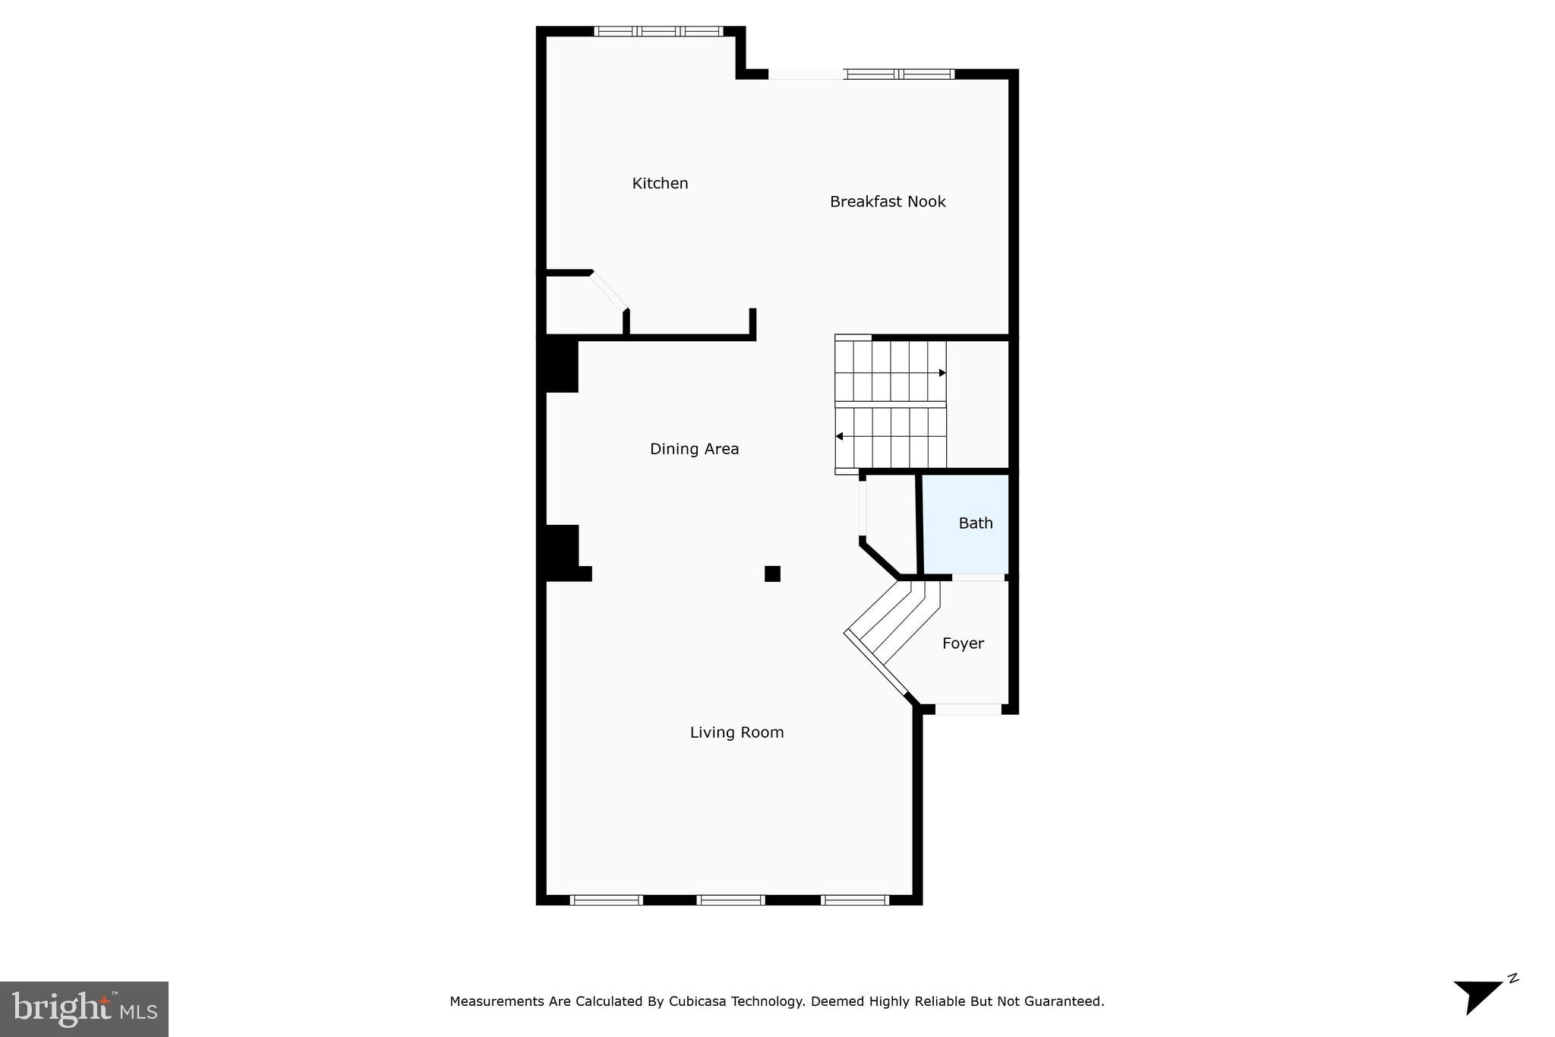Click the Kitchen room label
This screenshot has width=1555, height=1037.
[660, 183]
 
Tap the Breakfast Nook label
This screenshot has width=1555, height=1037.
[887, 201]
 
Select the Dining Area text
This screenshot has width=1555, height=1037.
[694, 449]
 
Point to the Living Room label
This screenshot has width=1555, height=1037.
[736, 732]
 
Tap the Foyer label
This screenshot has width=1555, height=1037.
[963, 643]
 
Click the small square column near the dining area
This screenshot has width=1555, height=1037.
[772, 574]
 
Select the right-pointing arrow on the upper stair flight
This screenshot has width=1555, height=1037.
[942, 373]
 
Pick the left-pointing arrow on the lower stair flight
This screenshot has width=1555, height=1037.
[839, 436]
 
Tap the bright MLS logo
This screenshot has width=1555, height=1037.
[84, 1009]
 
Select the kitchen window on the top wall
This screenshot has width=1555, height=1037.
[658, 32]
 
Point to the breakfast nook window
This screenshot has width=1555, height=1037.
[899, 74]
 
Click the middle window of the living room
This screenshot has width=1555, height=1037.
[730, 900]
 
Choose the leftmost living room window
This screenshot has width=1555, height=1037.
[606, 900]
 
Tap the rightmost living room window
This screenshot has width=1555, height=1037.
[855, 900]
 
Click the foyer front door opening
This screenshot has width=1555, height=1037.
[967, 710]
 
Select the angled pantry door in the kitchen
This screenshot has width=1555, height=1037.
[609, 291]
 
